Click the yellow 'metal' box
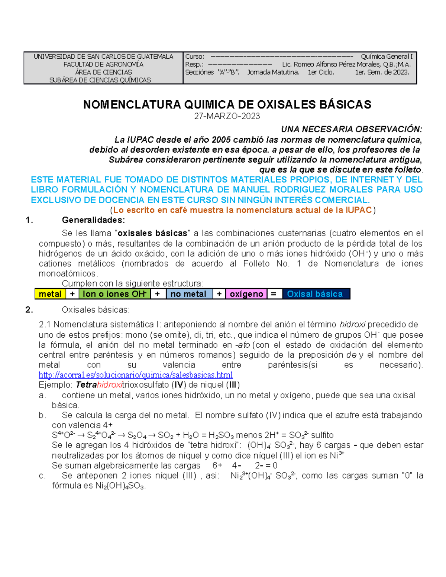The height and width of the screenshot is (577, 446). [x=50, y=294]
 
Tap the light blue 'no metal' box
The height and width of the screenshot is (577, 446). [x=188, y=294]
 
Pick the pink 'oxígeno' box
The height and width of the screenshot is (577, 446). [x=246, y=294]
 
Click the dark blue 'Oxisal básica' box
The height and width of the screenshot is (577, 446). [x=315, y=294]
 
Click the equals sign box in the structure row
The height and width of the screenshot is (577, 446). [x=274, y=294]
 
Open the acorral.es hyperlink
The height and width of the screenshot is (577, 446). [x=136, y=375]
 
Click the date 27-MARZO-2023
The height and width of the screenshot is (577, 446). [x=227, y=116]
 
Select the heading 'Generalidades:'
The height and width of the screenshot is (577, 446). [x=93, y=220]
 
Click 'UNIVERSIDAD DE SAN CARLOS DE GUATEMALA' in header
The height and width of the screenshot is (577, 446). [x=103, y=56]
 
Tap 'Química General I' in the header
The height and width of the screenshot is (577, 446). [x=387, y=56]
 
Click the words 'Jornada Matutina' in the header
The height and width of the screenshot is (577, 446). [x=273, y=72]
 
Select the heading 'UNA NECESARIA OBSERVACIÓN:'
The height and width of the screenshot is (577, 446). [x=351, y=129]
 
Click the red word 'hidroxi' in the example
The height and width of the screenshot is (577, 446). [x=110, y=385]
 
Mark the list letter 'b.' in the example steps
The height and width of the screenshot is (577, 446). [x=42, y=415]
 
